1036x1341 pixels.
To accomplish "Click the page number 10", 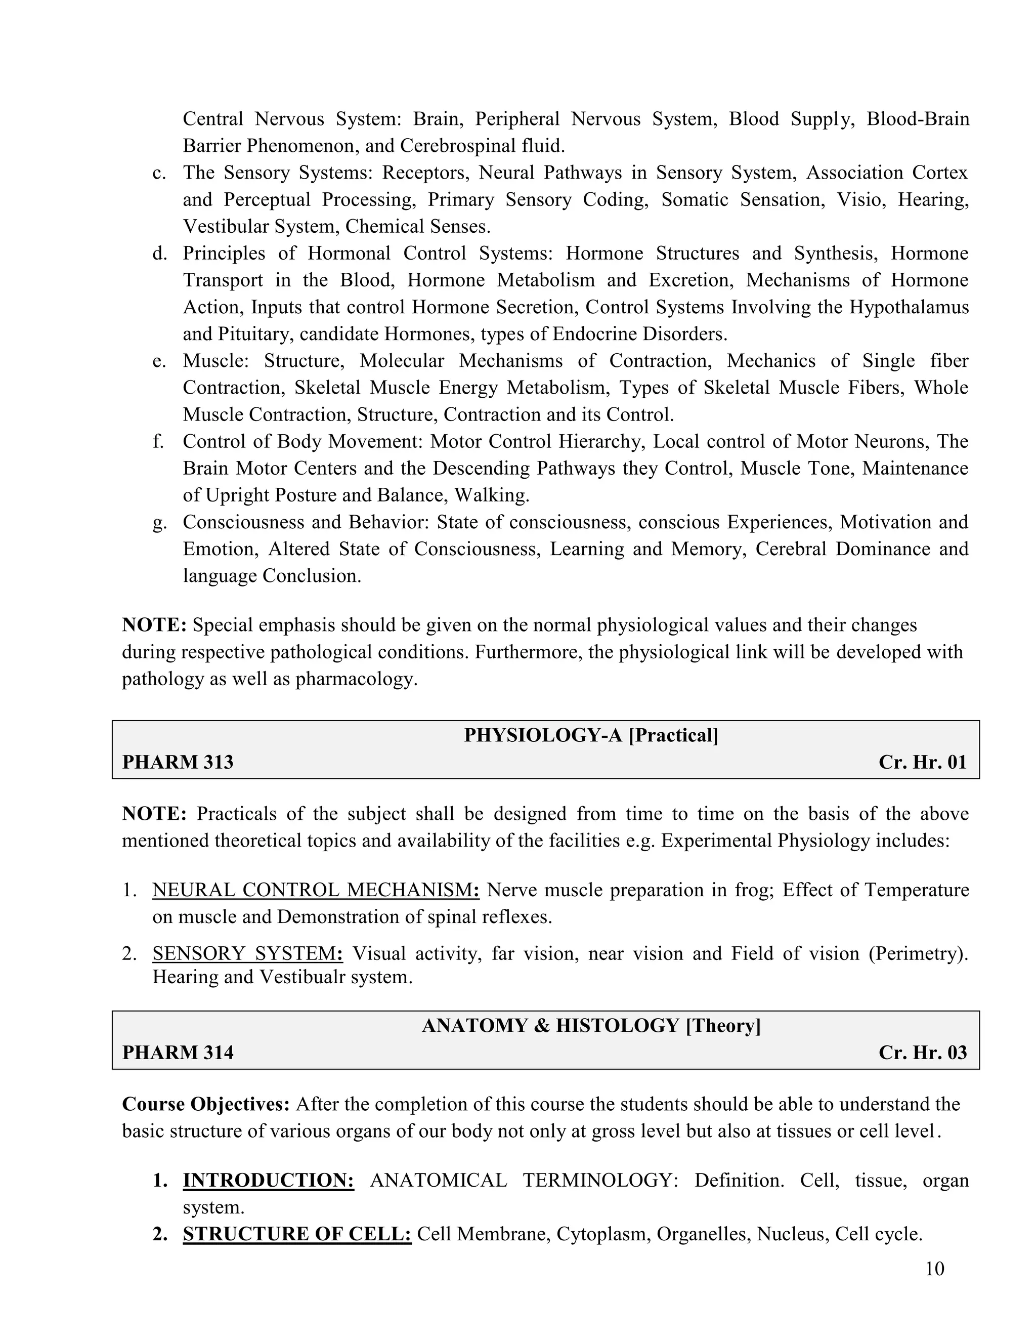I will (934, 1269).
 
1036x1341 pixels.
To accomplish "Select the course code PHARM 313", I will (178, 762).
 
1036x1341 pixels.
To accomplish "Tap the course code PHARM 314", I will (178, 1053).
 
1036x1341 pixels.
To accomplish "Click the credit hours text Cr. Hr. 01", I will (923, 762).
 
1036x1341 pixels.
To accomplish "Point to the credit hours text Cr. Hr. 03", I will (923, 1053).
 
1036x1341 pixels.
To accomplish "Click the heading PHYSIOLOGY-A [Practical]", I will (591, 735).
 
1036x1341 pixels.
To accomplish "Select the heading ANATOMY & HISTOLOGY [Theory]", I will (591, 1025).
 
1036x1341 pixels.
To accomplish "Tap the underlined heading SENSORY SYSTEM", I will (247, 953).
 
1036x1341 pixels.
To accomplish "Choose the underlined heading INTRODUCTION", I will (268, 1180).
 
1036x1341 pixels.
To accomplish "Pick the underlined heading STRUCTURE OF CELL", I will (297, 1234).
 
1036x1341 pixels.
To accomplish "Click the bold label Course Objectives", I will (205, 1104).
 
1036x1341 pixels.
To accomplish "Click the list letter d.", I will (159, 254).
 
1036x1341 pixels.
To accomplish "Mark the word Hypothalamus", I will (909, 307).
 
